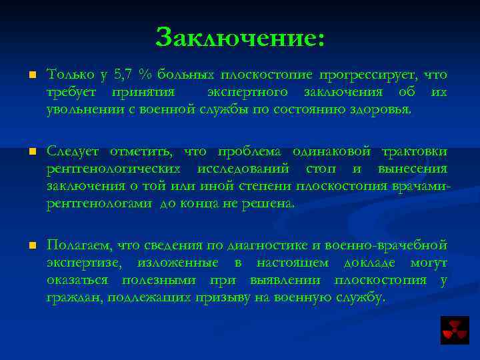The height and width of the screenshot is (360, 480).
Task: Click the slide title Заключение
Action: [241, 37]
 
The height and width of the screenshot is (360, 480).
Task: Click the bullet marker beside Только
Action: [31, 75]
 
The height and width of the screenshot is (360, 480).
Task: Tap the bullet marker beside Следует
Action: [31, 152]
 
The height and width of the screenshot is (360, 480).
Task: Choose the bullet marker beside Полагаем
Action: [31, 247]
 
